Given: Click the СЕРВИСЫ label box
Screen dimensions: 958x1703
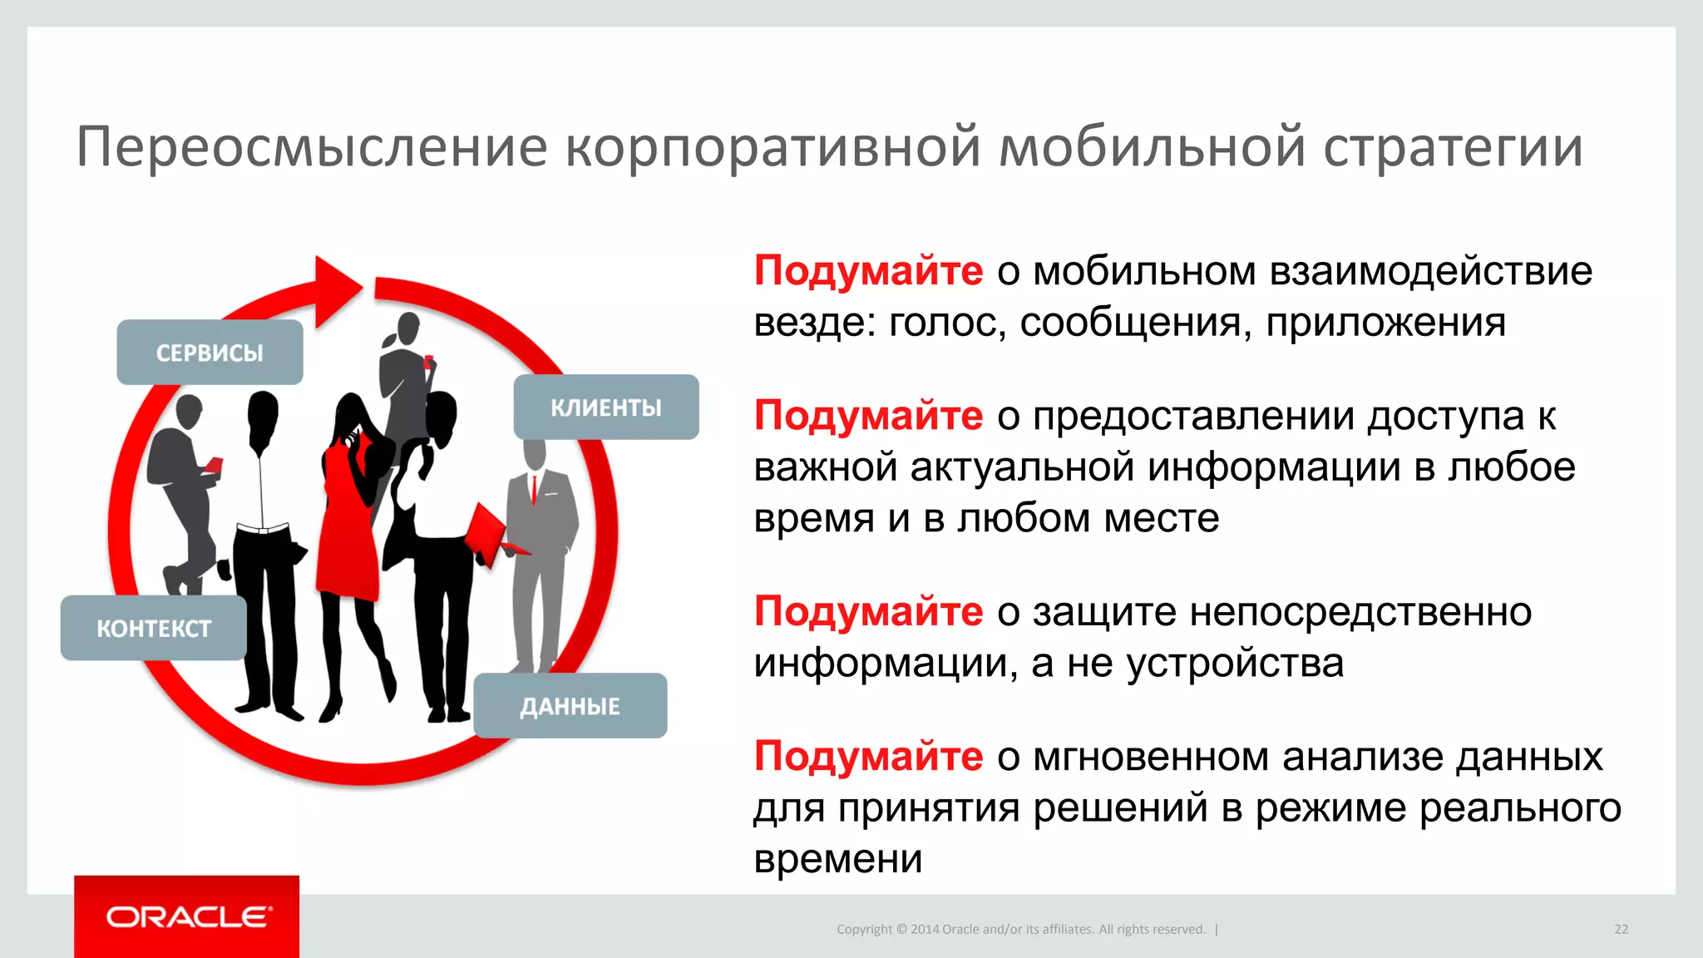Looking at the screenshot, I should tap(210, 353).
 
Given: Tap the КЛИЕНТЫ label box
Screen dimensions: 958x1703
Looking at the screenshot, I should tap(606, 407).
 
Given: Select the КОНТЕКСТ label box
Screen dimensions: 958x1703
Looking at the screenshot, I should tap(154, 629).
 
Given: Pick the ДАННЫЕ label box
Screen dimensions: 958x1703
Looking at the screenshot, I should tap(570, 706).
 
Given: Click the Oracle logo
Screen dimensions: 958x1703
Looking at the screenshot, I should tap(187, 916).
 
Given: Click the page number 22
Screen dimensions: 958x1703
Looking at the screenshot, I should tap(1621, 929).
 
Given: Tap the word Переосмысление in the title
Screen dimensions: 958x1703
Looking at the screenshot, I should tap(312, 147).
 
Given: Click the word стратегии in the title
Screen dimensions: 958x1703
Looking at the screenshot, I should tap(1453, 147).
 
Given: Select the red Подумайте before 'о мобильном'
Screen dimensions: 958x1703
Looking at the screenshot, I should tap(868, 271).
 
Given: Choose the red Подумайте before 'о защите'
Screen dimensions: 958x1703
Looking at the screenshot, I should tap(868, 612).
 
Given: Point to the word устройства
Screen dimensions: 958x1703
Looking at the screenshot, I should tap(1235, 664).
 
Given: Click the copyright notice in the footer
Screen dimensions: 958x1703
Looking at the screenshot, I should tap(1020, 929).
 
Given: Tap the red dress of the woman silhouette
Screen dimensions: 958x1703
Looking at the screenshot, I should tap(349, 532).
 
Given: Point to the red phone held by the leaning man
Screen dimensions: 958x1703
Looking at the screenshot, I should tap(214, 464).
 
